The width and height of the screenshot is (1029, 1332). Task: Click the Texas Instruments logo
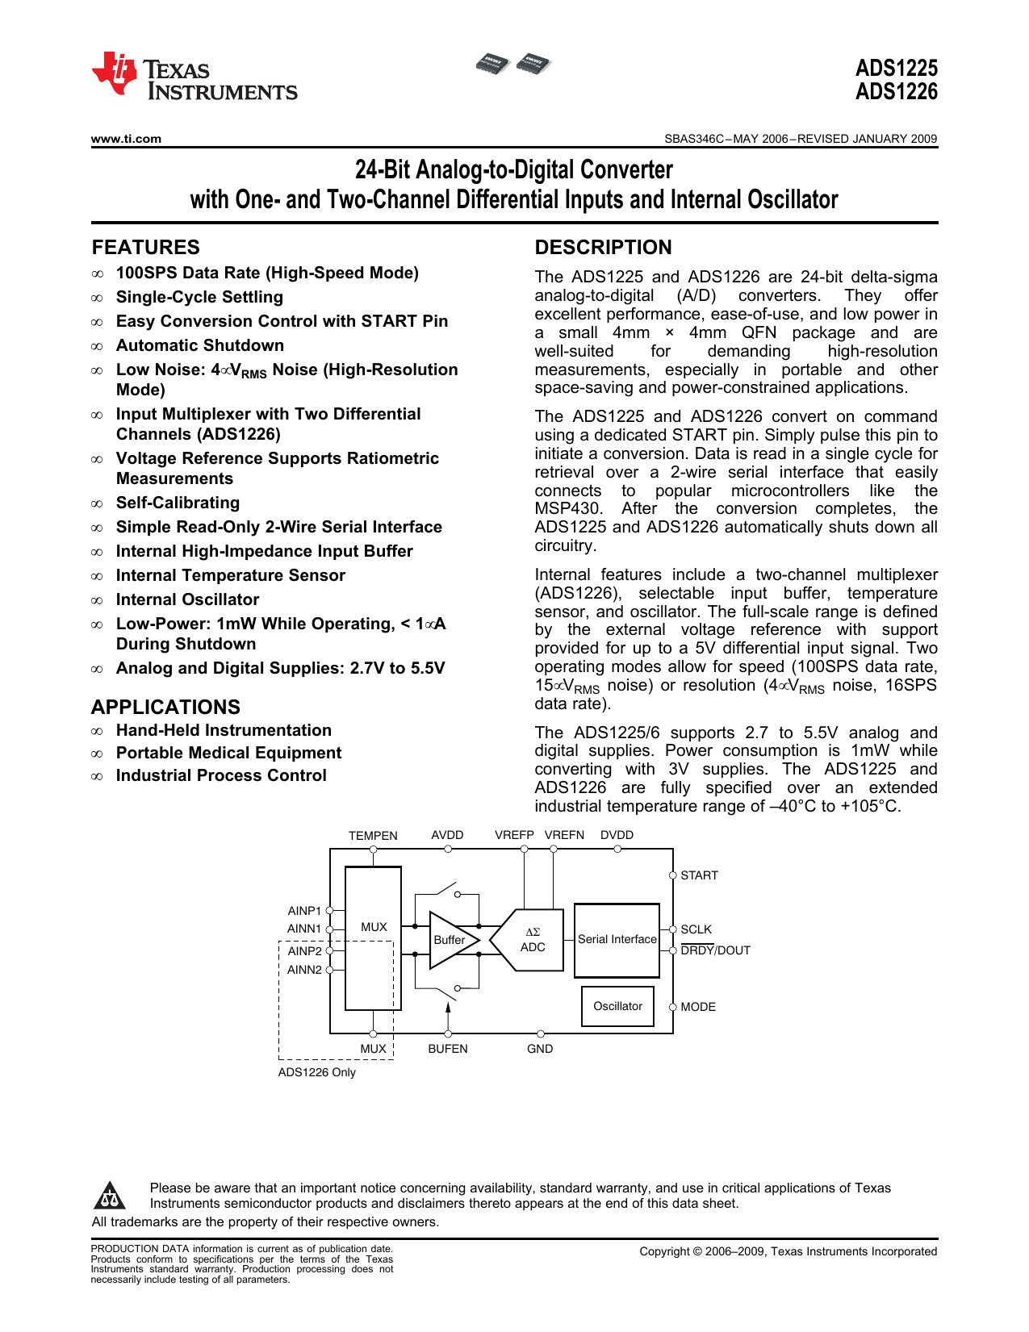pos(194,77)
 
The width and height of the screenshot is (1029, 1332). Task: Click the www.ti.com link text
pos(126,139)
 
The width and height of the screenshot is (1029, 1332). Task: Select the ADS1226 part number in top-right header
pos(896,92)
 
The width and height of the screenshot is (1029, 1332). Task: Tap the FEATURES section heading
pos(145,248)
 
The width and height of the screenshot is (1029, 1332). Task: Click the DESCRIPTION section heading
pos(603,248)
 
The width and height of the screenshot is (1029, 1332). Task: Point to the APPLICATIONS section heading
pos(165,708)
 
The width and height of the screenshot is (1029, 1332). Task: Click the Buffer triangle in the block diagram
pos(450,940)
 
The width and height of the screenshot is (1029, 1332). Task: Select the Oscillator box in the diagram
pos(617,1006)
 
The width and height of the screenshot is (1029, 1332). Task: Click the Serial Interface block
pos(617,939)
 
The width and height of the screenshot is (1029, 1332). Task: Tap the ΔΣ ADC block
pos(532,940)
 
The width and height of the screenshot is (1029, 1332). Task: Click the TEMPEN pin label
pos(373,836)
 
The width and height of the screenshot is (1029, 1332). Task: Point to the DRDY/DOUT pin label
pos(715,951)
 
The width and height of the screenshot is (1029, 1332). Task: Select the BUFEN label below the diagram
pos(448,1049)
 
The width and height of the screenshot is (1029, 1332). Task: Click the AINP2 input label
pos(304,951)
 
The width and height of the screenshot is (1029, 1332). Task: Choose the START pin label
pos(699,875)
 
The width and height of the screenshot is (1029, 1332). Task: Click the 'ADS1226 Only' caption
pos(316,1072)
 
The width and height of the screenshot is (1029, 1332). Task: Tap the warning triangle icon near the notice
pos(109,1196)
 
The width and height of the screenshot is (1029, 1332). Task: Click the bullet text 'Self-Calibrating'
pos(178,503)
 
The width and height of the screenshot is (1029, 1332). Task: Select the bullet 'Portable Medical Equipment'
pos(228,754)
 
